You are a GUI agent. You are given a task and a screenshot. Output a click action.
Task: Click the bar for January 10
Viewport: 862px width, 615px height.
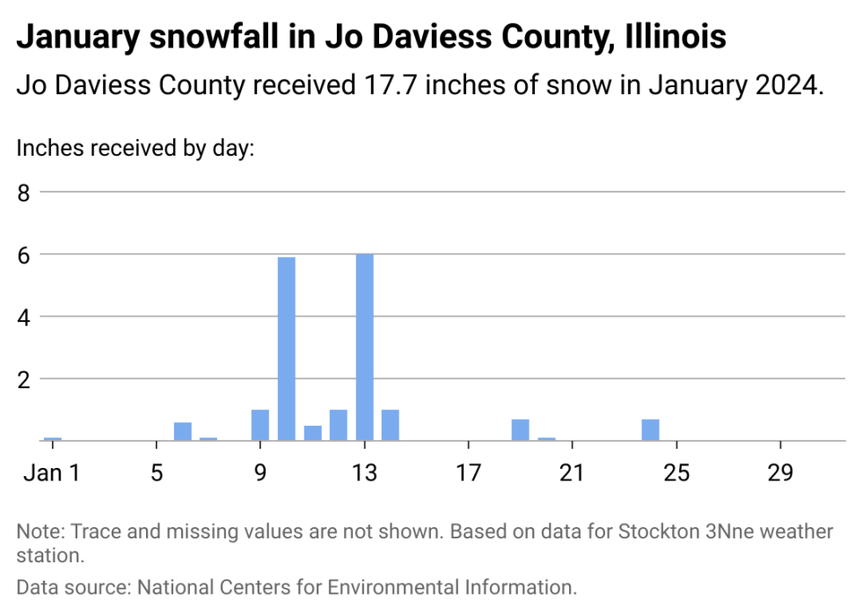tap(287, 348)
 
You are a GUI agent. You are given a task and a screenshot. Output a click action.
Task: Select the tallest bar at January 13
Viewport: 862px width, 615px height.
tap(365, 347)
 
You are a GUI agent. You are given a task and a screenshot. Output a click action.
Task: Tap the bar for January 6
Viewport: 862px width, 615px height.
tap(183, 431)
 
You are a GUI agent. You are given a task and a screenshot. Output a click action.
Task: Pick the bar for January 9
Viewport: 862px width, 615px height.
tap(260, 425)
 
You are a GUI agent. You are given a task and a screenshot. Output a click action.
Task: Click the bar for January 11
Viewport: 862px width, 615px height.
tap(313, 433)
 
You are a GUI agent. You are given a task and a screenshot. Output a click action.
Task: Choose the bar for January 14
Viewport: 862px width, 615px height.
tap(391, 425)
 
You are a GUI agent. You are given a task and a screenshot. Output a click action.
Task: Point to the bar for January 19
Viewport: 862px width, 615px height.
tap(521, 429)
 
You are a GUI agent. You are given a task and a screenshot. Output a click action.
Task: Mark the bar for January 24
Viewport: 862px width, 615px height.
tap(651, 429)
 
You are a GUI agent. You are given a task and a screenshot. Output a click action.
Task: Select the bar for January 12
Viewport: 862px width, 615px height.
tap(339, 425)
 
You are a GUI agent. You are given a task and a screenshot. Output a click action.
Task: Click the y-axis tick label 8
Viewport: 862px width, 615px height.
tap(25, 192)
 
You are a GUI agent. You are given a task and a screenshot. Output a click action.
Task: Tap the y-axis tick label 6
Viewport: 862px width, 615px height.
tap(25, 254)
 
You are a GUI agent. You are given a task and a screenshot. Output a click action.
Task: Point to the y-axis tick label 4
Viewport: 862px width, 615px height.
tap(25, 317)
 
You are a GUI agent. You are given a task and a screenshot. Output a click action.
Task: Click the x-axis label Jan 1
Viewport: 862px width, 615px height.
tap(51, 473)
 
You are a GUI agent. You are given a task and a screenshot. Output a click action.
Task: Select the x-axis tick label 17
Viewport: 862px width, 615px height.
tap(468, 473)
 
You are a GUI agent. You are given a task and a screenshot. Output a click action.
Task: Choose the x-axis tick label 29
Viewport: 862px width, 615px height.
tap(780, 473)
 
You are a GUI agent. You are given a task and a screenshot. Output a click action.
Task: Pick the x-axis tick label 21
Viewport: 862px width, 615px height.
tap(573, 473)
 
